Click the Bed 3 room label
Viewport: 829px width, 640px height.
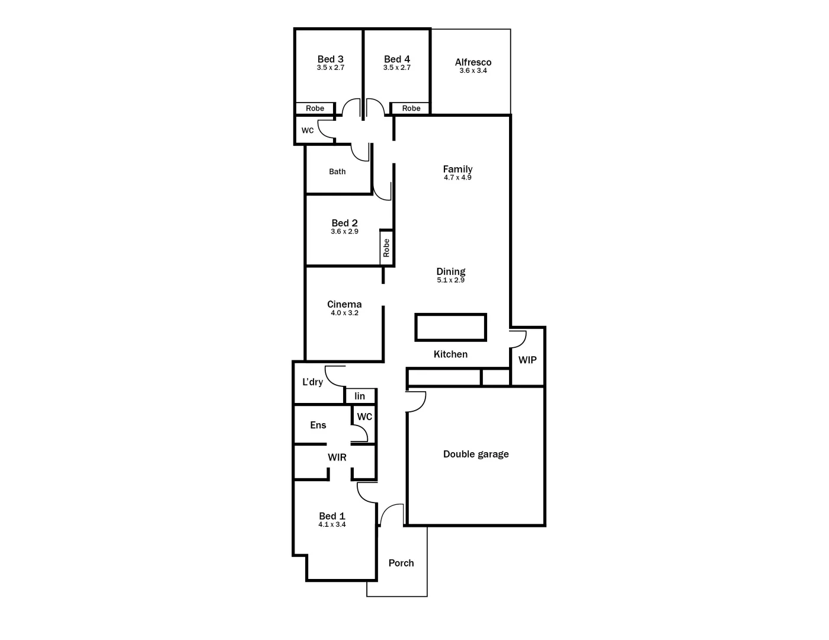click(330, 59)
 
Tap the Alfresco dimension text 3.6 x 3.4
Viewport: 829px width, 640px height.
click(473, 71)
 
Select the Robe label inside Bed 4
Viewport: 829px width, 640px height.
click(411, 108)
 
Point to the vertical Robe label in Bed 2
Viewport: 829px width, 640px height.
click(386, 247)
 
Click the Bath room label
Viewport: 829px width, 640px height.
click(337, 172)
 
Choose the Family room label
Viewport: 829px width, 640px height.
click(457, 169)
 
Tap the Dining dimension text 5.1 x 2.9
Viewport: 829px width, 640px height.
click(450, 280)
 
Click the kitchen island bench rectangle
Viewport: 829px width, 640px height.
click(450, 327)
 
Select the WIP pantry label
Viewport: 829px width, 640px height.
click(527, 360)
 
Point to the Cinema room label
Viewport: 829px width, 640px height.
click(344, 305)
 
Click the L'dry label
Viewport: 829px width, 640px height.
click(312, 382)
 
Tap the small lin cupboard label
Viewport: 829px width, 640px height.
click(360, 396)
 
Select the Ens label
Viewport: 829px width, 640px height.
click(318, 425)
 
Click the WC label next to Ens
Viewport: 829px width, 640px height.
click(364, 417)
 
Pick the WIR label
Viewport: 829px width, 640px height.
click(337, 457)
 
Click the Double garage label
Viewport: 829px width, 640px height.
click(476, 455)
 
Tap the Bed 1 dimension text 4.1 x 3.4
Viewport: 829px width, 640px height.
click(332, 525)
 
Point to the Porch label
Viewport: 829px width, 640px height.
click(401, 564)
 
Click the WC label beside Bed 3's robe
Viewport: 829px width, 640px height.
click(308, 130)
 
